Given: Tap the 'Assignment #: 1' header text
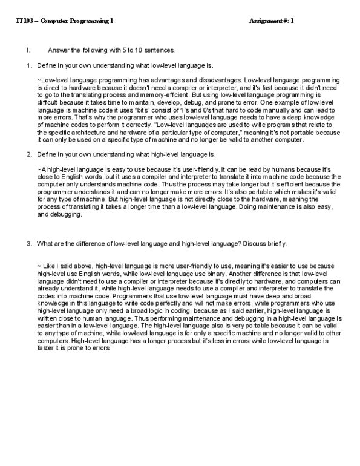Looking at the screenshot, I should [271, 21].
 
